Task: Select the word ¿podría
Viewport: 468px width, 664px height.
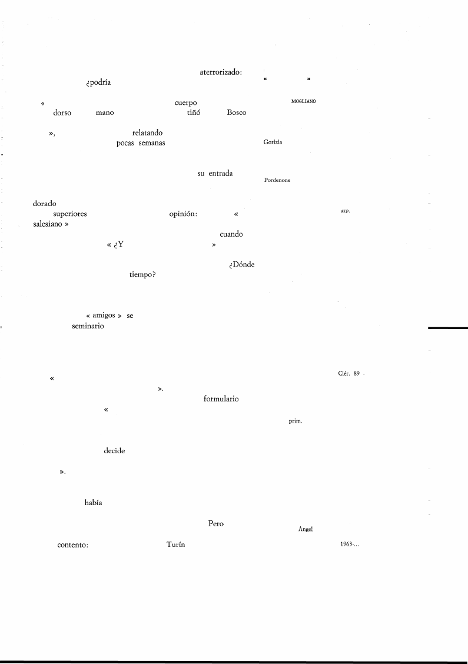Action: click(98, 82)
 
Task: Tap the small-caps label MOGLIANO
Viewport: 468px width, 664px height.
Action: click(303, 102)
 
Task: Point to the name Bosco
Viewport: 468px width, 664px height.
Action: click(236, 112)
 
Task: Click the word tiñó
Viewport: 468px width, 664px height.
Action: click(194, 112)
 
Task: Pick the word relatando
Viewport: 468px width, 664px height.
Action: click(147, 133)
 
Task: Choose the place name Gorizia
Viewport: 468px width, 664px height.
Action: click(273, 142)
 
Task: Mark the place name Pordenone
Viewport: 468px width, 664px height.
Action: click(277, 180)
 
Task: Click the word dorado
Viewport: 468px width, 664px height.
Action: click(45, 204)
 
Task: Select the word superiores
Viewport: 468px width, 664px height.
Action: click(70, 214)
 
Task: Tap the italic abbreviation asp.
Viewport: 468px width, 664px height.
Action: click(345, 211)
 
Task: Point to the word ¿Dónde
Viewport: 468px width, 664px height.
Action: click(242, 265)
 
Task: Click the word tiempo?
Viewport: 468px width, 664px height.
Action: click(142, 275)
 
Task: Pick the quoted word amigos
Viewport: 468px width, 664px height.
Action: click(104, 316)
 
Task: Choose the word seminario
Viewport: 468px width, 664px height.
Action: click(88, 326)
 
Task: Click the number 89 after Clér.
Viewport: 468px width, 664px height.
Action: click(357, 373)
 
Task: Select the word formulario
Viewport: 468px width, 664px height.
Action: click(221, 399)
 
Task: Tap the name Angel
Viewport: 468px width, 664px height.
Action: click(306, 529)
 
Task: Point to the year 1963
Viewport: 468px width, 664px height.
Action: click(347, 545)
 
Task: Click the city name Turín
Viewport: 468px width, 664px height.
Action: click(176, 545)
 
